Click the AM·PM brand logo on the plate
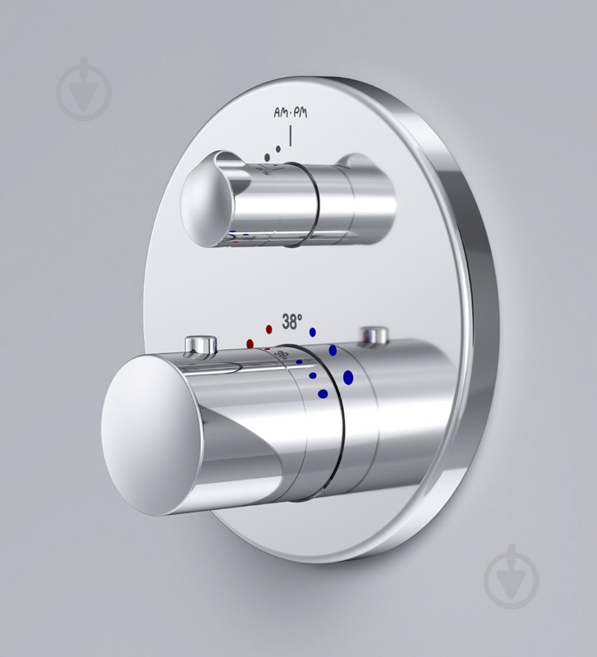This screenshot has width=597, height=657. [x=291, y=113]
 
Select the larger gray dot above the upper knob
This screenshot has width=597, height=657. [x=267, y=158]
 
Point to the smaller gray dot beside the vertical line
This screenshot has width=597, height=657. [x=278, y=149]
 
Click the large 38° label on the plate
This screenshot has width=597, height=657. [x=292, y=321]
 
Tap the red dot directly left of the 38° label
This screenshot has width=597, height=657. [x=269, y=329]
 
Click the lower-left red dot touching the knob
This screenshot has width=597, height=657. [x=250, y=344]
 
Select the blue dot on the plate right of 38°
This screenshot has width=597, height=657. [x=312, y=332]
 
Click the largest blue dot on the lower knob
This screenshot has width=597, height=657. [x=348, y=377]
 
